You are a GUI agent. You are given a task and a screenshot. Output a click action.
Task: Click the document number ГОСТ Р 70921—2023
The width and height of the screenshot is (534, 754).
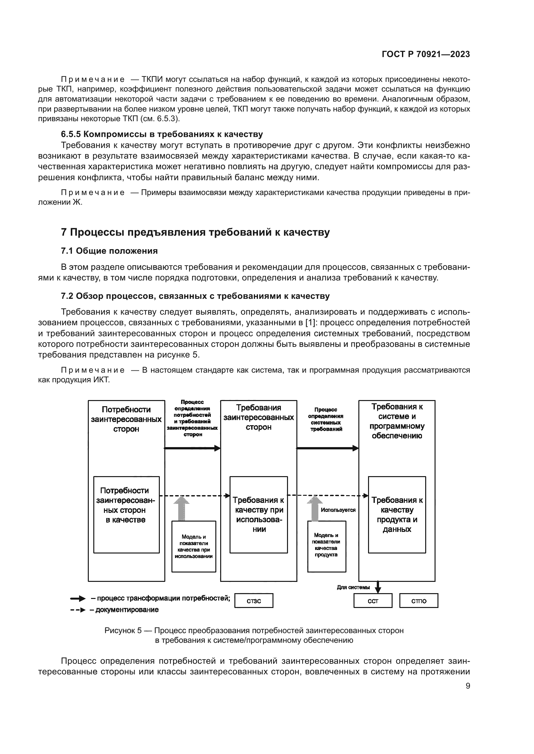pyautogui.click(x=426, y=54)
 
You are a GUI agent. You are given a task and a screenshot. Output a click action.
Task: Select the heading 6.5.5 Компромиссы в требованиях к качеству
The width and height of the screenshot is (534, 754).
pyautogui.click(x=162, y=134)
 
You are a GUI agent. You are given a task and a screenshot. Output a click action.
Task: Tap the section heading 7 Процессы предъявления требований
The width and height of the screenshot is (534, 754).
pyautogui.click(x=195, y=232)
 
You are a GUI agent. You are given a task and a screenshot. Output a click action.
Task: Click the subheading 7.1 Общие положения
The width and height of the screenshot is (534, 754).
pyautogui.click(x=109, y=251)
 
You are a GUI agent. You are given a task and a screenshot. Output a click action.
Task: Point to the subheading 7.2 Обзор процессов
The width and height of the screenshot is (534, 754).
pyautogui.click(x=195, y=296)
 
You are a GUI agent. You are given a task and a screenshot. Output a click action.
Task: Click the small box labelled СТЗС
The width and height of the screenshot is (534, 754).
pyautogui.click(x=253, y=601)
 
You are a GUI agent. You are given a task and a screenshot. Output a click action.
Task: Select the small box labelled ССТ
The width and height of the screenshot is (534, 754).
pyautogui.click(x=373, y=601)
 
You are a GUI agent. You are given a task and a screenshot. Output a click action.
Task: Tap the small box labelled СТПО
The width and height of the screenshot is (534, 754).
pyautogui.click(x=419, y=601)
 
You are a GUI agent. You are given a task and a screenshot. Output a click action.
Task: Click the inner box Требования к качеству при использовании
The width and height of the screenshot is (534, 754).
pyautogui.click(x=259, y=514)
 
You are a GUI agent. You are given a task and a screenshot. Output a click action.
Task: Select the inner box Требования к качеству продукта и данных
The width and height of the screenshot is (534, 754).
pyautogui.click(x=396, y=514)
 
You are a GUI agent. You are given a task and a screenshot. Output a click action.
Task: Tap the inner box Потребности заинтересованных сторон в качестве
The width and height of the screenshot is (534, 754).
pyautogui.click(x=126, y=514)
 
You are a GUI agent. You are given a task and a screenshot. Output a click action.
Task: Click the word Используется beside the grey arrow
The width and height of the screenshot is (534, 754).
pyautogui.click(x=338, y=510)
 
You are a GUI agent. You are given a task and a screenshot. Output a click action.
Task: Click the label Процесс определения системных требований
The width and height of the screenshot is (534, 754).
pyautogui.click(x=325, y=419)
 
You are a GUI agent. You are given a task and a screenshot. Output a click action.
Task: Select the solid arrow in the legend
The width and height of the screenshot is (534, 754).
pyautogui.click(x=78, y=599)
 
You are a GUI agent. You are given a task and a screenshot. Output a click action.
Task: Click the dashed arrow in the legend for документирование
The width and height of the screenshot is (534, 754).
pyautogui.click(x=78, y=610)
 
